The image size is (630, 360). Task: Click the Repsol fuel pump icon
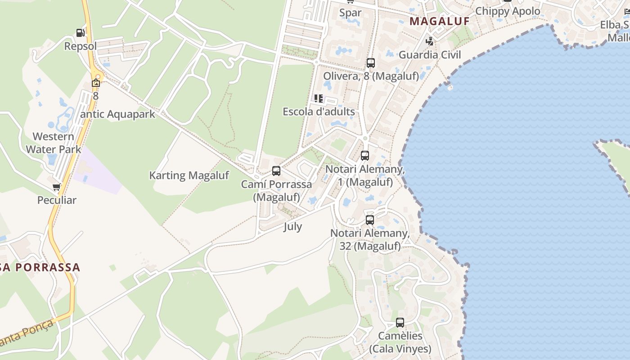[x=80, y=33]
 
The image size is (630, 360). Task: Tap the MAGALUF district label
[x=440, y=21]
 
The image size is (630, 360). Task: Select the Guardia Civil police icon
[x=430, y=41]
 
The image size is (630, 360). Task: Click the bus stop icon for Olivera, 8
[x=370, y=63]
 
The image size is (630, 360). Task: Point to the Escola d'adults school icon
[x=319, y=99]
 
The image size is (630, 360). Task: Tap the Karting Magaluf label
[x=189, y=175]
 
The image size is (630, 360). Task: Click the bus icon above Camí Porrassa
[x=276, y=171]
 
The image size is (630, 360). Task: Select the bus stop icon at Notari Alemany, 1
[x=365, y=156]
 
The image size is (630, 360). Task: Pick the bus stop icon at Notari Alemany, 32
[x=370, y=220]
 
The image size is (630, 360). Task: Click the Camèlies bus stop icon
[x=400, y=323]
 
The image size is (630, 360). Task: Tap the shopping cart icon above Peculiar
[x=57, y=187]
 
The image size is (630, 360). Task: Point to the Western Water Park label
[x=54, y=143]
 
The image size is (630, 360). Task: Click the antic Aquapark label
[x=118, y=114]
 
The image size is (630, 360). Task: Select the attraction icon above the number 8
[x=95, y=83]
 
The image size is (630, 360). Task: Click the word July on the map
[x=292, y=227]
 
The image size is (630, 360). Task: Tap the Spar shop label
[x=351, y=13]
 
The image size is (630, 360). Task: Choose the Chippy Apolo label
[x=508, y=11]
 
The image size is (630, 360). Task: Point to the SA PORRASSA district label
[x=40, y=267]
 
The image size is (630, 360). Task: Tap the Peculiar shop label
[x=57, y=200]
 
